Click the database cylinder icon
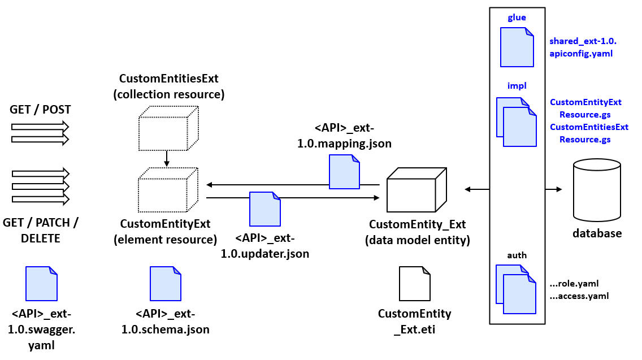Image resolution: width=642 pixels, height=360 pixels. [x=596, y=191]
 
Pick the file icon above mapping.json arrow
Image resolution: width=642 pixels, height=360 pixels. [x=344, y=172]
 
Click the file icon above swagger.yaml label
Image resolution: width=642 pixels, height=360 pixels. [x=41, y=284]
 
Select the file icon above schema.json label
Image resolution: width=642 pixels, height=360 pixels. [x=165, y=284]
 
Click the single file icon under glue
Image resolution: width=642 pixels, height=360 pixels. [x=517, y=47]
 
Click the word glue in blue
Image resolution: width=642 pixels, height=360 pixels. [x=517, y=18]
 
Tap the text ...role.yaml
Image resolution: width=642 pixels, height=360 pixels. [x=574, y=284]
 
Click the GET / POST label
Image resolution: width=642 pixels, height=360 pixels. [x=40, y=110]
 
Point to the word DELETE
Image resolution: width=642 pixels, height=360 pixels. [x=40, y=238]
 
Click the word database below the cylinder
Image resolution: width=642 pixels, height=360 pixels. [x=597, y=233]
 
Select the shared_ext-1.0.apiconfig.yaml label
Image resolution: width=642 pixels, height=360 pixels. [x=582, y=47]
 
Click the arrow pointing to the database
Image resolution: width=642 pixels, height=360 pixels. [x=554, y=189]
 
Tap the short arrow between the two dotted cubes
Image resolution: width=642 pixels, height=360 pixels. [x=166, y=158]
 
